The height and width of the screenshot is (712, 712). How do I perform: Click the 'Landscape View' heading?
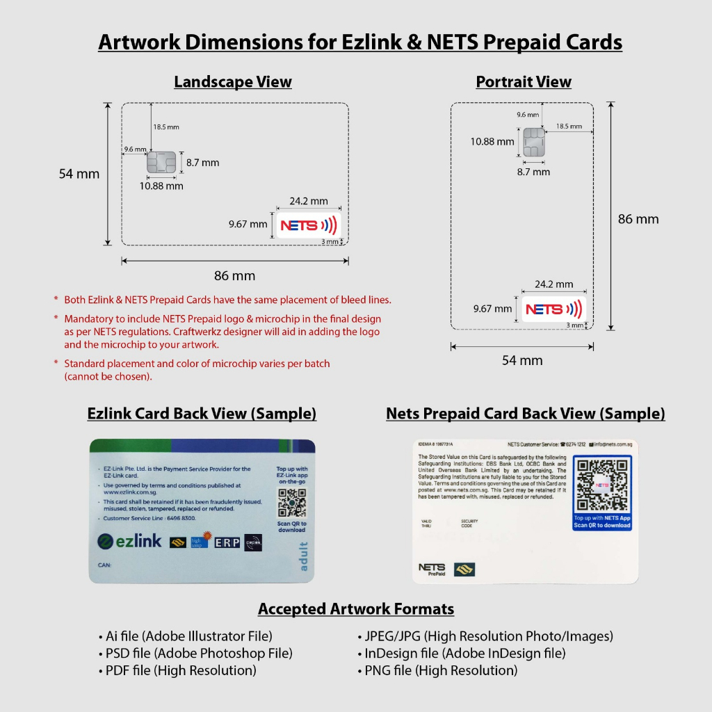click(x=232, y=82)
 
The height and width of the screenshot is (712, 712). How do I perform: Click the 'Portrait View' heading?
click(x=523, y=82)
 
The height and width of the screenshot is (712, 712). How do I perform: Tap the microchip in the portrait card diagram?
click(x=533, y=142)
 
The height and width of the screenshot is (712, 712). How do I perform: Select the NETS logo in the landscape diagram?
click(x=308, y=225)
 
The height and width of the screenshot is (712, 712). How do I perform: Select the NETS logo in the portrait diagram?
click(x=553, y=309)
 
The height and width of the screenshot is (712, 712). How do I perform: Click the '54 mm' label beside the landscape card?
click(x=79, y=174)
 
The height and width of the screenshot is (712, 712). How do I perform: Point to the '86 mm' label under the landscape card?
click(x=234, y=276)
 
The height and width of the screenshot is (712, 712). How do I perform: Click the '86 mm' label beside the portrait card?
click(x=638, y=219)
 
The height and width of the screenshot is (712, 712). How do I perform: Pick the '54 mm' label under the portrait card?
click(x=521, y=360)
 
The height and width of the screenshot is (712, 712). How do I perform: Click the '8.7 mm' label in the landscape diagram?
click(x=202, y=163)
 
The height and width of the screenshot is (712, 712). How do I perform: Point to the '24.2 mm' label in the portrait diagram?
click(x=554, y=284)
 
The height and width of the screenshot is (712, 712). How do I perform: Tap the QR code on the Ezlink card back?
click(x=291, y=503)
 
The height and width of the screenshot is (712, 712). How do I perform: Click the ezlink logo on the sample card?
click(x=129, y=541)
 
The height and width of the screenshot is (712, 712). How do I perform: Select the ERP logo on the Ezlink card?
click(x=227, y=542)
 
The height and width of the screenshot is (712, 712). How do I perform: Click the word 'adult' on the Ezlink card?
click(x=303, y=557)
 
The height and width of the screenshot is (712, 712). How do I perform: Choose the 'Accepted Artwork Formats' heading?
click(x=356, y=609)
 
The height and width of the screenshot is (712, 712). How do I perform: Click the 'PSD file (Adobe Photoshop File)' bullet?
click(x=195, y=654)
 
